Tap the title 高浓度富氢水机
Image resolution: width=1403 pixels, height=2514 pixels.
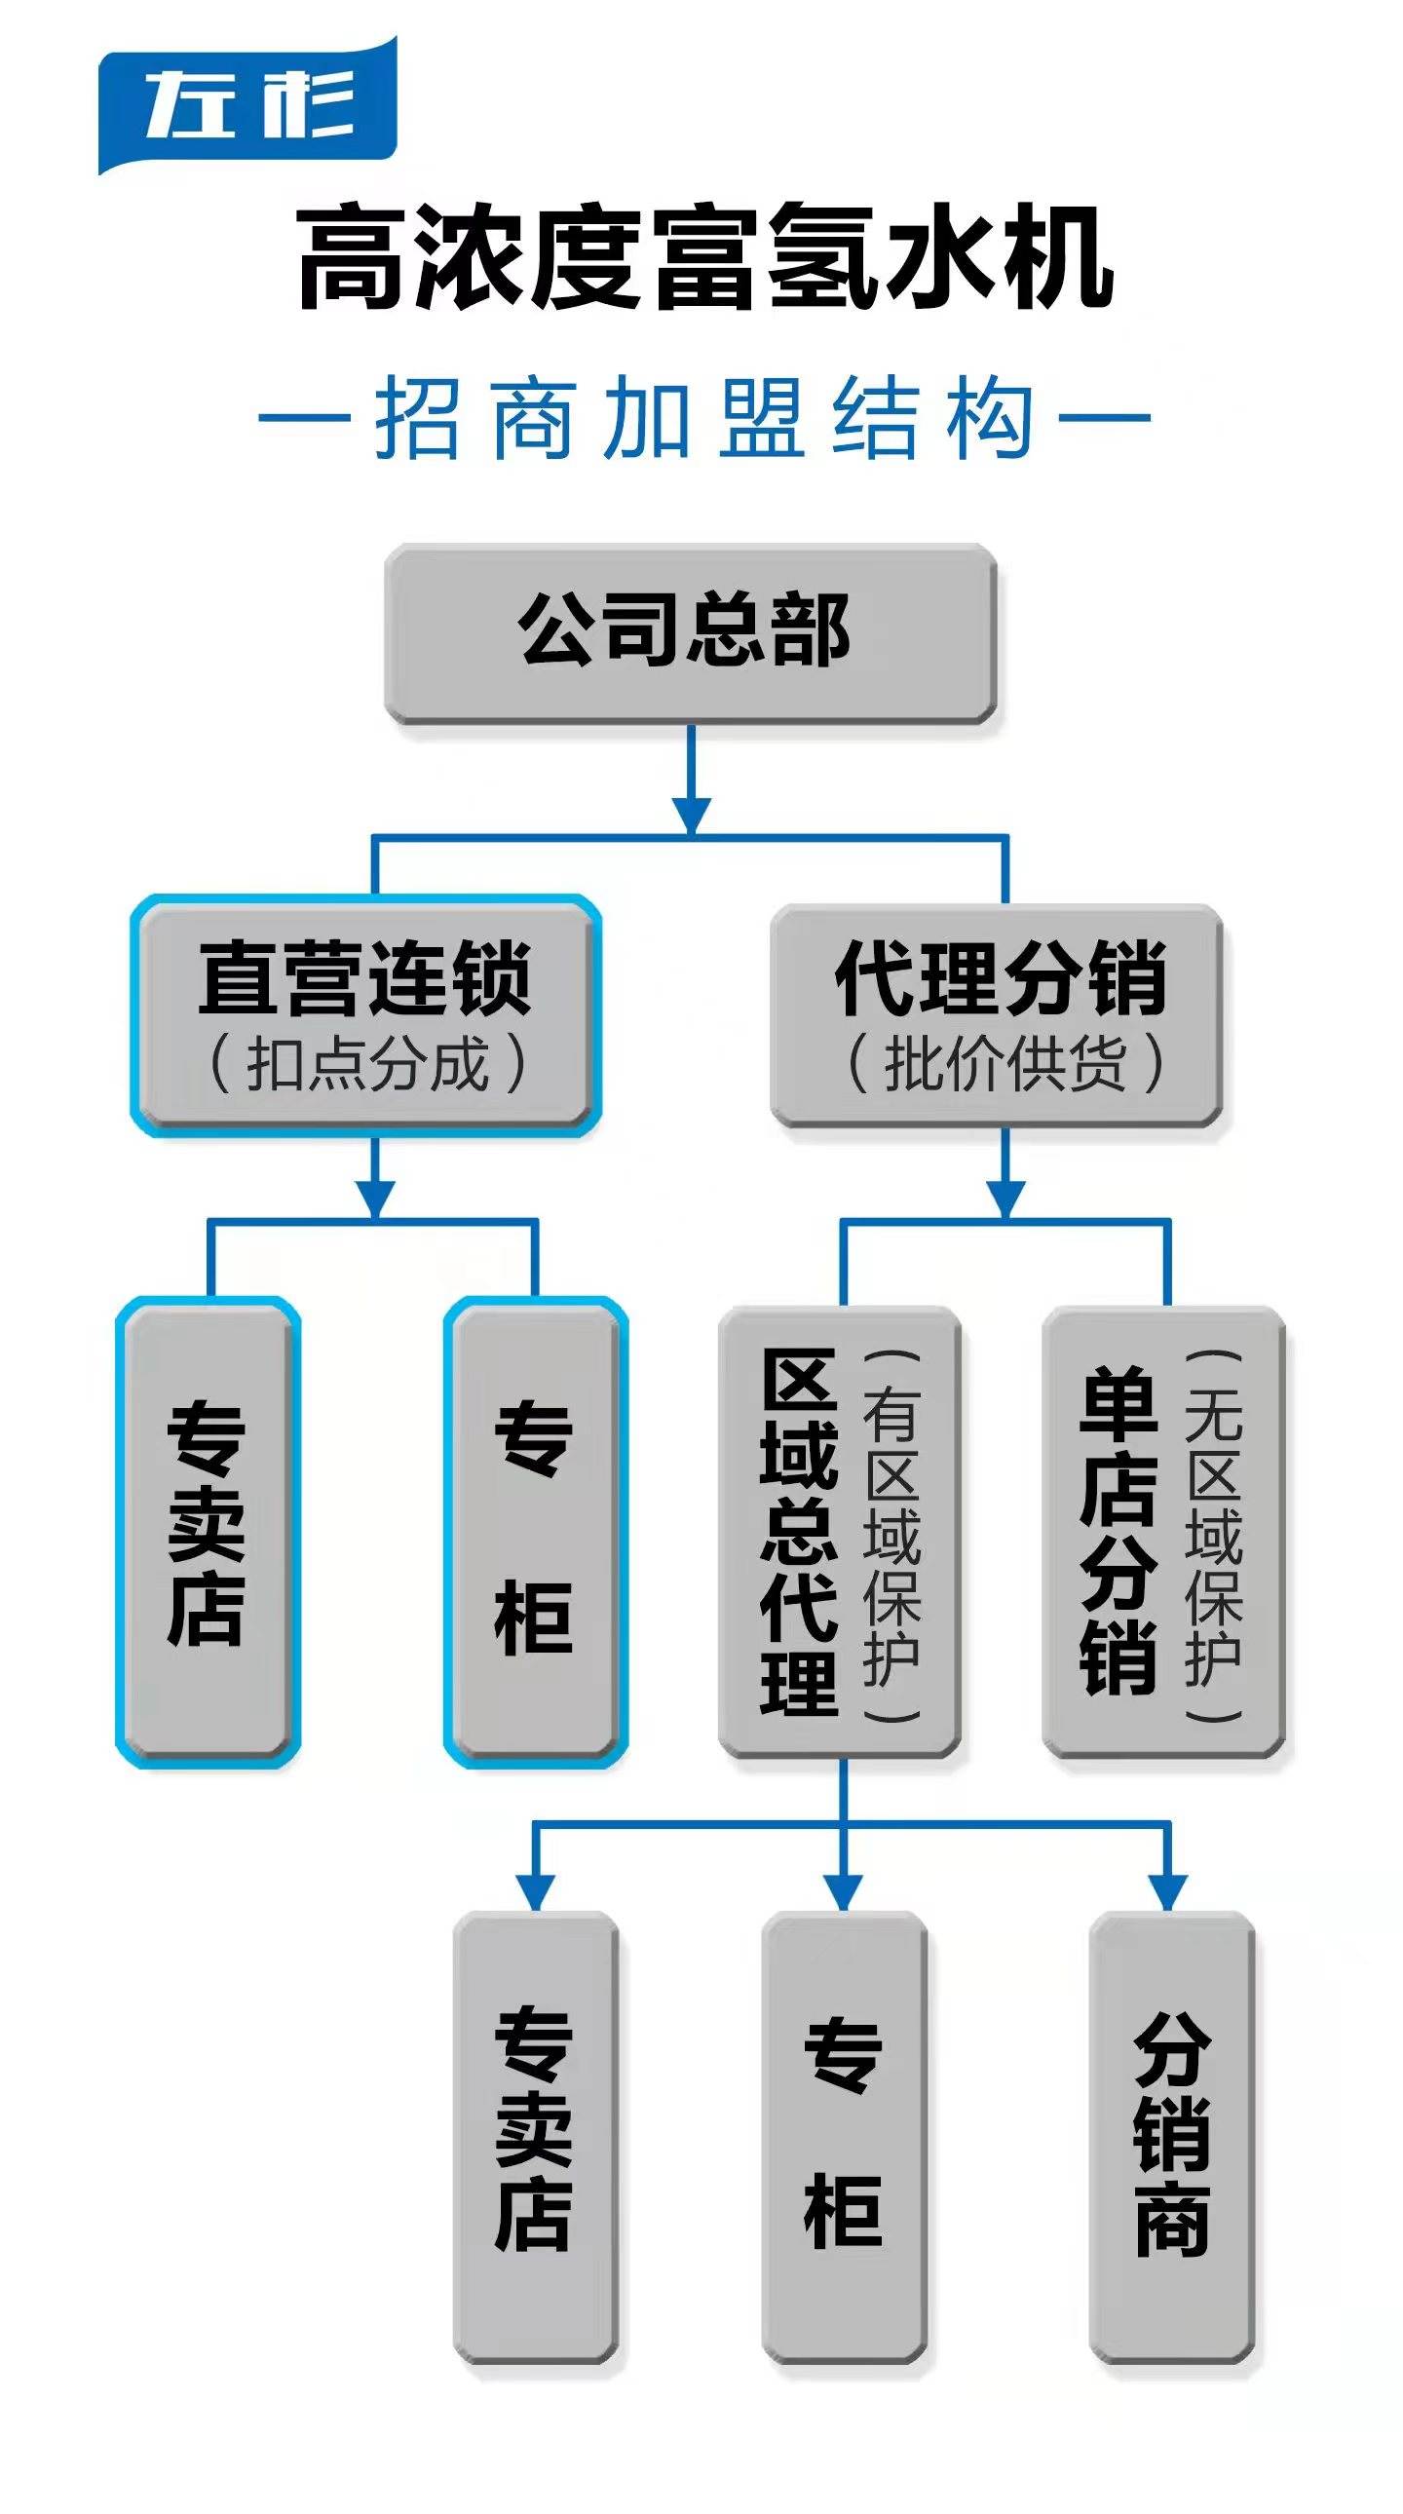click(704, 257)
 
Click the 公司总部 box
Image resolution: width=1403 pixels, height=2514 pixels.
click(690, 632)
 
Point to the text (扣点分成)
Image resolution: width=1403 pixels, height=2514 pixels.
click(367, 1064)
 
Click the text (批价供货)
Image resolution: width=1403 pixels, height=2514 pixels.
click(1005, 1064)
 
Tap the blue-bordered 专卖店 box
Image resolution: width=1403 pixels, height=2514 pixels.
click(207, 1530)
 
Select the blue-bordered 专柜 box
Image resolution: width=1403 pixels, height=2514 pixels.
click(535, 1530)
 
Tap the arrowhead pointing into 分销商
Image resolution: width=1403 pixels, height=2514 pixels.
click(1168, 1891)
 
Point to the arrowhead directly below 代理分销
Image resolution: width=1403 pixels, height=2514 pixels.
click(1005, 1197)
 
